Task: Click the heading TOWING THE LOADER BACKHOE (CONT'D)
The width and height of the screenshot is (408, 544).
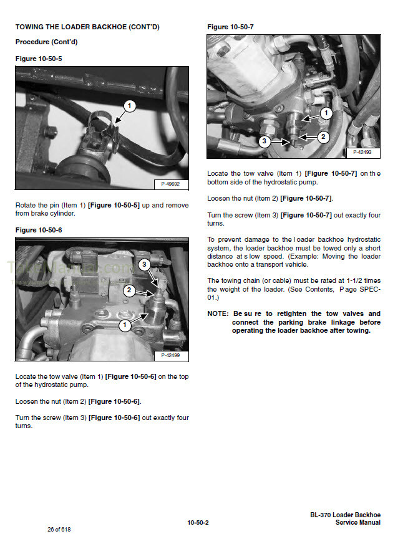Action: point(87,27)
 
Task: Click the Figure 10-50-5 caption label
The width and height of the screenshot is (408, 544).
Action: point(39,59)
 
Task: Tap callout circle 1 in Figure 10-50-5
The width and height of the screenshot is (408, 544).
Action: point(129,107)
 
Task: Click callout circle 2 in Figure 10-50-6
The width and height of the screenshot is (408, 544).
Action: point(128,290)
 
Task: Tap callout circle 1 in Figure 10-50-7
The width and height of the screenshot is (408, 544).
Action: point(326,113)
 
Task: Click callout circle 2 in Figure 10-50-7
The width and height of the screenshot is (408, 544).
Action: point(323,136)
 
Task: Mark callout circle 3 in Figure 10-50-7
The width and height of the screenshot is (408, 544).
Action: point(264,141)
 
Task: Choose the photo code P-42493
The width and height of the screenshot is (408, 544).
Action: point(362,152)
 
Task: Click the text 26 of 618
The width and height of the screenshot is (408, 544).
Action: point(60,530)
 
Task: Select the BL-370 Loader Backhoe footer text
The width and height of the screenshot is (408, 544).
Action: point(345,515)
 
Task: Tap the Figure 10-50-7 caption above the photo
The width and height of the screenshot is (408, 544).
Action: point(230,27)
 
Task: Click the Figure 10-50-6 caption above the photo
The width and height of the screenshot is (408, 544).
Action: point(39,230)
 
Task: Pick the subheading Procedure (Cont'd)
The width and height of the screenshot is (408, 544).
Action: point(46,42)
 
